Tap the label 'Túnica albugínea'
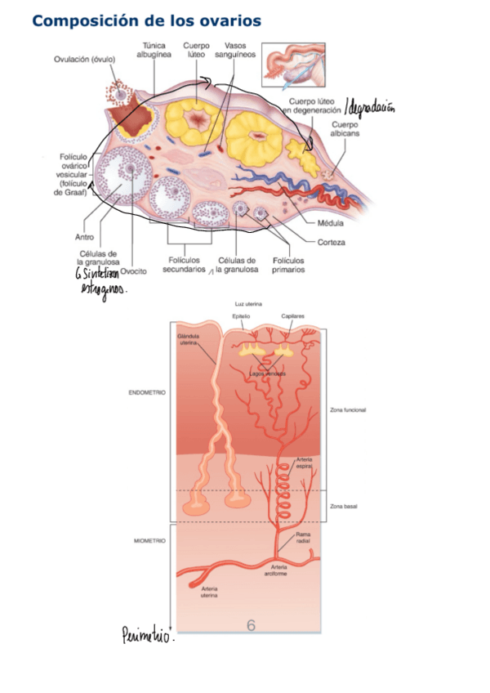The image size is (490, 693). click(x=157, y=50)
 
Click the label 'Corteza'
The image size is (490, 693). click(x=332, y=242)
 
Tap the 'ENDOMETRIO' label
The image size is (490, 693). click(x=148, y=393)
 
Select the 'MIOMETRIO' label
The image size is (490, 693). click(x=149, y=541)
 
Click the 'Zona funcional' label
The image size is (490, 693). click(x=347, y=410)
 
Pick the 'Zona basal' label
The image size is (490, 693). click(x=343, y=507)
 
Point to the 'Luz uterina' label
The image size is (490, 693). click(x=248, y=304)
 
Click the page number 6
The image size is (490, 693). click(x=252, y=625)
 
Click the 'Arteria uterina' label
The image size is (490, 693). click(x=209, y=592)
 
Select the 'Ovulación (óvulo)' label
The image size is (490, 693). click(x=85, y=59)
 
